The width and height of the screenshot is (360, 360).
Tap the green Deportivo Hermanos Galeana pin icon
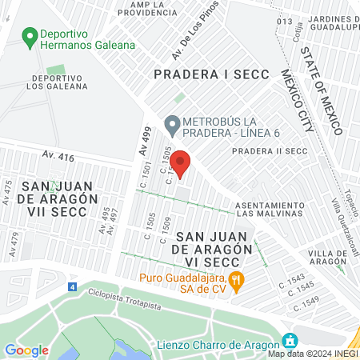[30, 36]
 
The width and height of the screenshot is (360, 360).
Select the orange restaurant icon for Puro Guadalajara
[235, 280]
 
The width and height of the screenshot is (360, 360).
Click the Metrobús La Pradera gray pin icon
[171, 125]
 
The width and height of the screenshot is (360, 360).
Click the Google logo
[26, 350]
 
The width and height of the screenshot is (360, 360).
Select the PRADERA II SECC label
[270, 150]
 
